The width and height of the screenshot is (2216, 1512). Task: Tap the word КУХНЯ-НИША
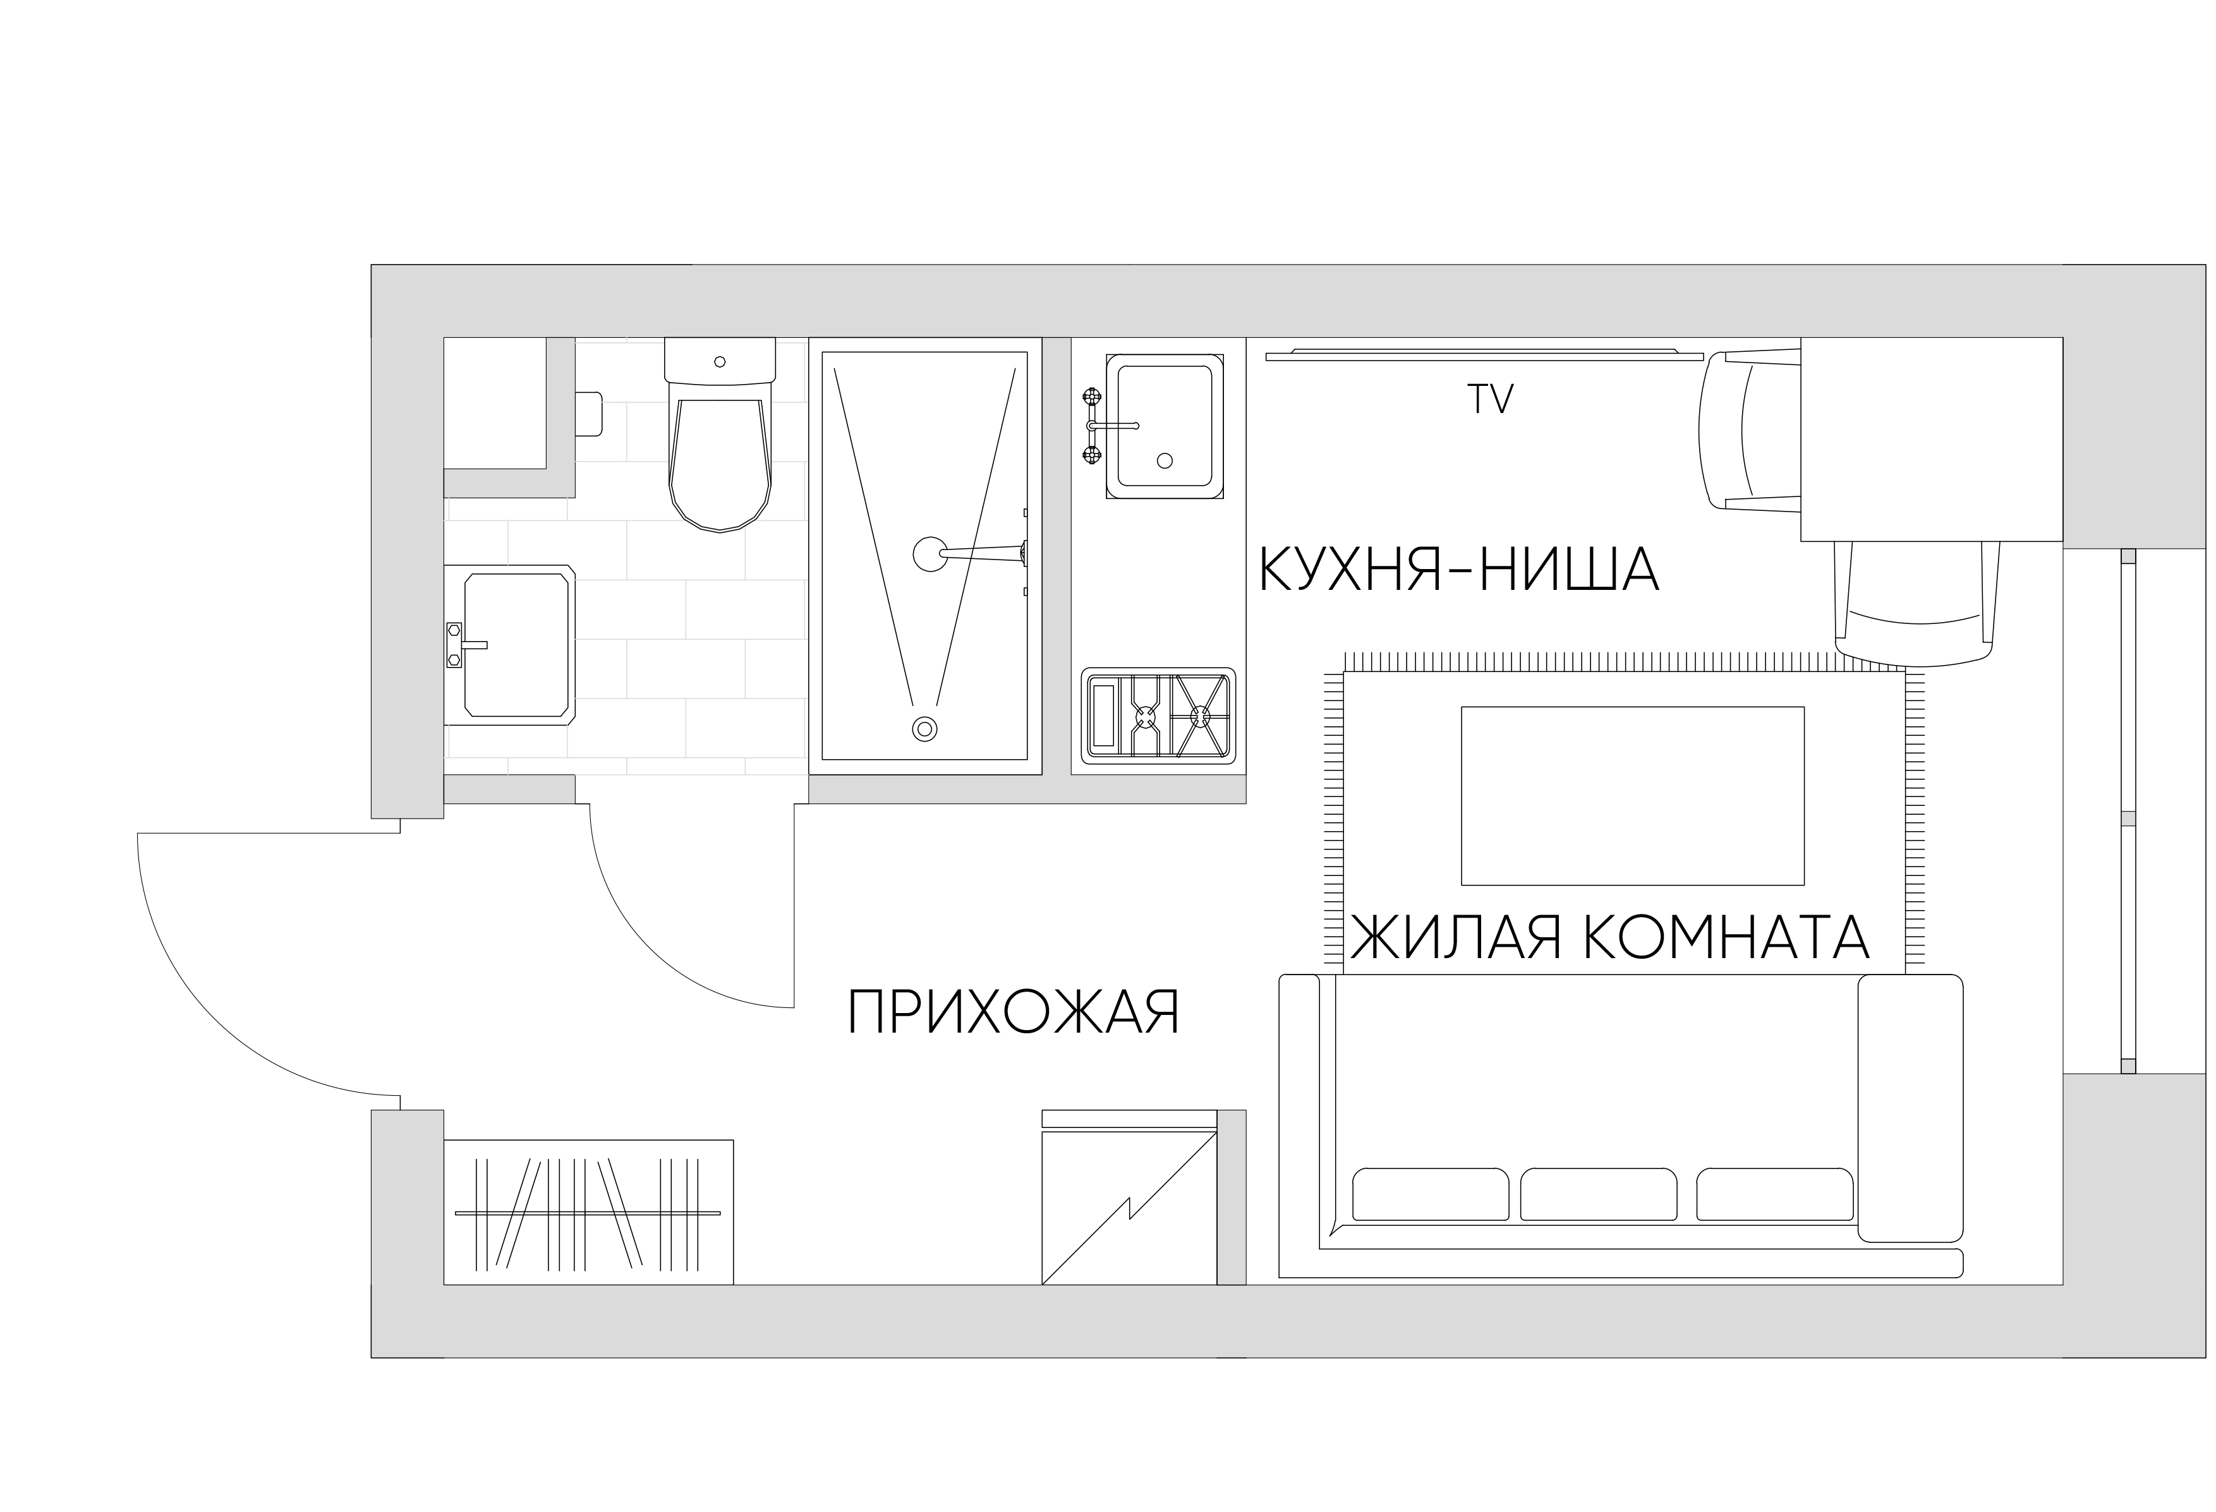(1459, 571)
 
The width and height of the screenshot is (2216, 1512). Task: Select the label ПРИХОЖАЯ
(1014, 1012)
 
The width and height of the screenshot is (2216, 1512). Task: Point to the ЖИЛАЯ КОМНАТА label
(1609, 937)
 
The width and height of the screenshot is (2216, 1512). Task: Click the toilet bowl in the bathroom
(720, 462)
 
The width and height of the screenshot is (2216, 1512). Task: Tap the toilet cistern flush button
(720, 363)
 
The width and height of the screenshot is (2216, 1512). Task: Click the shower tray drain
(923, 728)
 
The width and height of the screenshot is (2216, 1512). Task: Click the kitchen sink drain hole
(1165, 460)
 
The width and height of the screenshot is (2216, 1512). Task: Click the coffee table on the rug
(1632, 795)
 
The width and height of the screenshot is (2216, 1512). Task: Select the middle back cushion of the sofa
(1598, 1194)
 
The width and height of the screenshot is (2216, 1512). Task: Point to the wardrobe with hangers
(588, 1212)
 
